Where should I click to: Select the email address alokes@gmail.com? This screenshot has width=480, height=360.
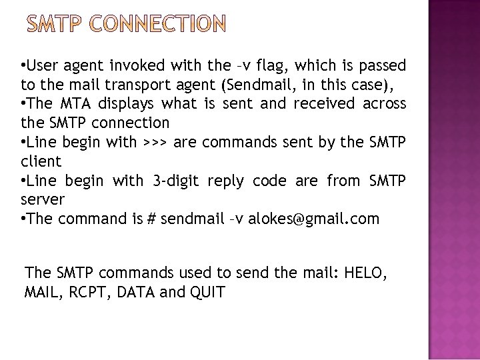point(313,219)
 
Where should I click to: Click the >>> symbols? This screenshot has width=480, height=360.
point(155,142)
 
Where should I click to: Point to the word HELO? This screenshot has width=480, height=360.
point(365,273)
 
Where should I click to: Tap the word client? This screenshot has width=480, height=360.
point(41,161)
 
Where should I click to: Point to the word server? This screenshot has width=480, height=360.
point(43,200)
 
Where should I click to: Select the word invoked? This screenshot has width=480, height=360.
point(135,66)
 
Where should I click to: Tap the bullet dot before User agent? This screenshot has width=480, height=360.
point(23,66)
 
